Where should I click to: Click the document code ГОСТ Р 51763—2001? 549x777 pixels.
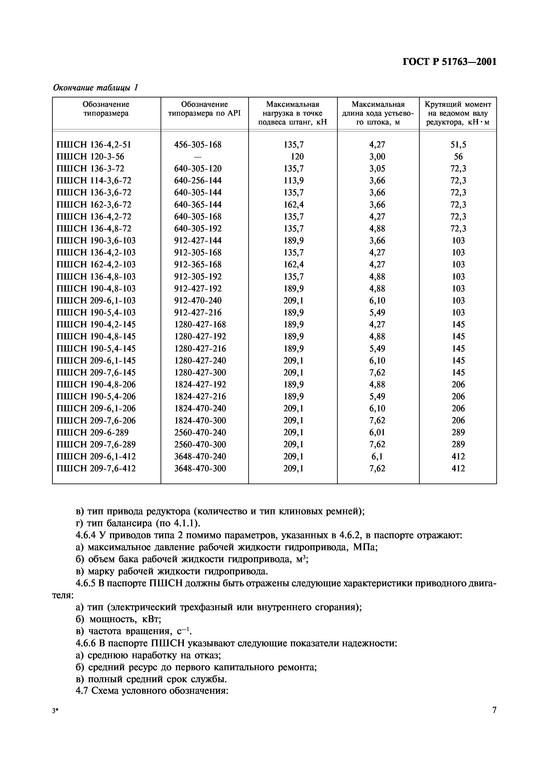pos(450,62)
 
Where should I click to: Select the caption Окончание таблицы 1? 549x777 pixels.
pos(96,88)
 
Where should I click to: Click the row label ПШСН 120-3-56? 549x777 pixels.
pos(90,157)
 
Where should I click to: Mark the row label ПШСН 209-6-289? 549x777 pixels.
pos(92,433)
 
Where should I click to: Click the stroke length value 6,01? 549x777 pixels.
pos(377,433)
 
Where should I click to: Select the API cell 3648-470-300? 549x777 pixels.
pos(200,468)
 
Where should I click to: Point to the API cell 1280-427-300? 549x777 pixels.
pos(200,373)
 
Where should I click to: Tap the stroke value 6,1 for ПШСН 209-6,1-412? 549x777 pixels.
pos(377,456)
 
